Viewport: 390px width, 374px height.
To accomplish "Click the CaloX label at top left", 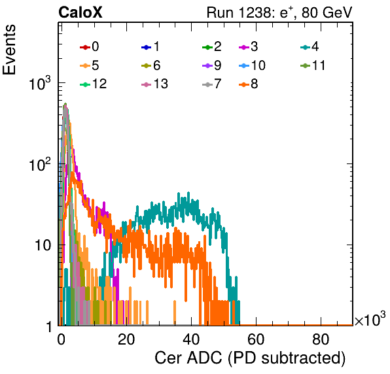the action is (80, 12).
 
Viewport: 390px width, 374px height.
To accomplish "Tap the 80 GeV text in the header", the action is (327, 12).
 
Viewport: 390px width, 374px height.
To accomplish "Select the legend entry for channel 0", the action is (90, 46).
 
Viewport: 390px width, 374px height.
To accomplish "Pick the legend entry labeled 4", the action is (310, 46).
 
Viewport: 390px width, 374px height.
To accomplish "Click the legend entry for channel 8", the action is (249, 84).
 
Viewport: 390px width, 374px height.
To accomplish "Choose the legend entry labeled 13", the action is (154, 84).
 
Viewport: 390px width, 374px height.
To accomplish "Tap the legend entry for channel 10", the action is (252, 65).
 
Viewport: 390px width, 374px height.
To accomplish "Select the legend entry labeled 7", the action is (212, 84).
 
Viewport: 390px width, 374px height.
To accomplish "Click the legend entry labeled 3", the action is (249, 46).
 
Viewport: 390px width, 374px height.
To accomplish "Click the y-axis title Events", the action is (9, 50).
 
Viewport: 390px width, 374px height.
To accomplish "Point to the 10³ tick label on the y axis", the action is (39, 83).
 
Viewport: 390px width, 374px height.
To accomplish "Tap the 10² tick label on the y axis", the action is (39, 164).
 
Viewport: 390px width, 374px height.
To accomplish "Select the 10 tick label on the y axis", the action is (43, 246).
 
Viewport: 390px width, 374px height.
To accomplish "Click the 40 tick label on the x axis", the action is (191, 339).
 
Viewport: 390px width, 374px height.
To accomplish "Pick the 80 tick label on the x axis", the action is (321, 339).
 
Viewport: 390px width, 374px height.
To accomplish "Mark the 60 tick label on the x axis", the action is (256, 339).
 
